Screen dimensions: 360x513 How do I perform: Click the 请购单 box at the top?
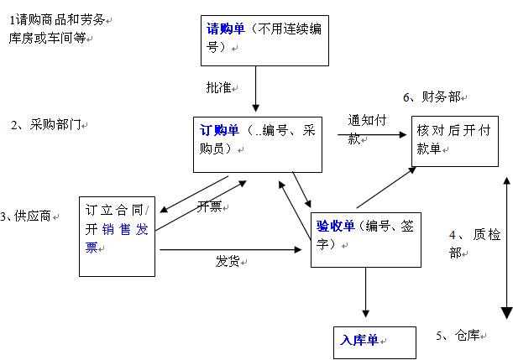[x=265, y=39]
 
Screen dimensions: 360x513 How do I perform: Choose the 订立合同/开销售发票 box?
[x=117, y=236]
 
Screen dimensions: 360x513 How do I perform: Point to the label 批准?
[x=218, y=87]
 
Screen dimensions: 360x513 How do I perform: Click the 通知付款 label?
[x=366, y=128]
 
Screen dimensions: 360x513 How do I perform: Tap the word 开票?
[x=210, y=206]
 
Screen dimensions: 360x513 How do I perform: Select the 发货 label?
[x=228, y=261]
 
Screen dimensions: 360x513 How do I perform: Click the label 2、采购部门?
[x=46, y=125]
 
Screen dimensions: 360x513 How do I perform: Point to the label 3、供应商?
[x=29, y=217]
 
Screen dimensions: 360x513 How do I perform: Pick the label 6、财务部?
[x=433, y=97]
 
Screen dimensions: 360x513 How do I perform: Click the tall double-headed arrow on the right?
[x=506, y=248]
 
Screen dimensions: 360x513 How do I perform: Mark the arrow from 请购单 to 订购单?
[x=254, y=89]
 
